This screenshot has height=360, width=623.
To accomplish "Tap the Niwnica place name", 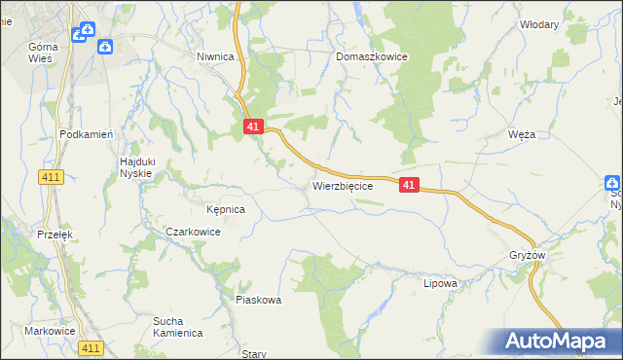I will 216,56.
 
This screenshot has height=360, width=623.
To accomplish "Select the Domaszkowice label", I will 372,57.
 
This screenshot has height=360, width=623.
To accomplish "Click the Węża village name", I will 522,135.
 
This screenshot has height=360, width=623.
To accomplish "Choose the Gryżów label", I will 527,255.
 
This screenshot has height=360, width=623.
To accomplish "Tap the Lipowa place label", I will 440,283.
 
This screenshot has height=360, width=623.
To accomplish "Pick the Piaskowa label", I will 258,300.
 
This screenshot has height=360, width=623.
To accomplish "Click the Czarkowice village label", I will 193,233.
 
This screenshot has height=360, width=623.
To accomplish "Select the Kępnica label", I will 225,209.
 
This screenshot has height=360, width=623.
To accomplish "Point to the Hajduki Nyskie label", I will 135,166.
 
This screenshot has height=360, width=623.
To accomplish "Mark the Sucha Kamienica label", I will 177,326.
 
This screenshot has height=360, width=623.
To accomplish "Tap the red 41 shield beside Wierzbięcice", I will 409,185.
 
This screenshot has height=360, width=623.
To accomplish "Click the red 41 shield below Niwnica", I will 253,126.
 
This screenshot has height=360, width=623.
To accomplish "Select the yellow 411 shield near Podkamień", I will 52,176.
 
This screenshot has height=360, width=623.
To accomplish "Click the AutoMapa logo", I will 559,342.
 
